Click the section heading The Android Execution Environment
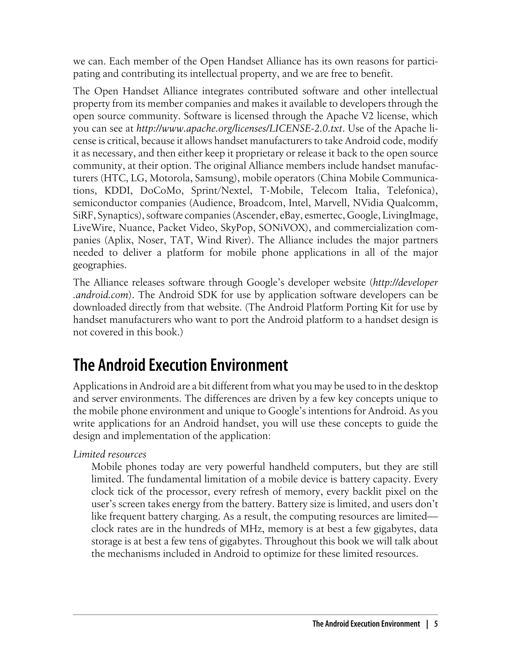click(x=180, y=365)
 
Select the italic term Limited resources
click(x=110, y=454)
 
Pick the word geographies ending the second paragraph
click(x=99, y=265)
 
